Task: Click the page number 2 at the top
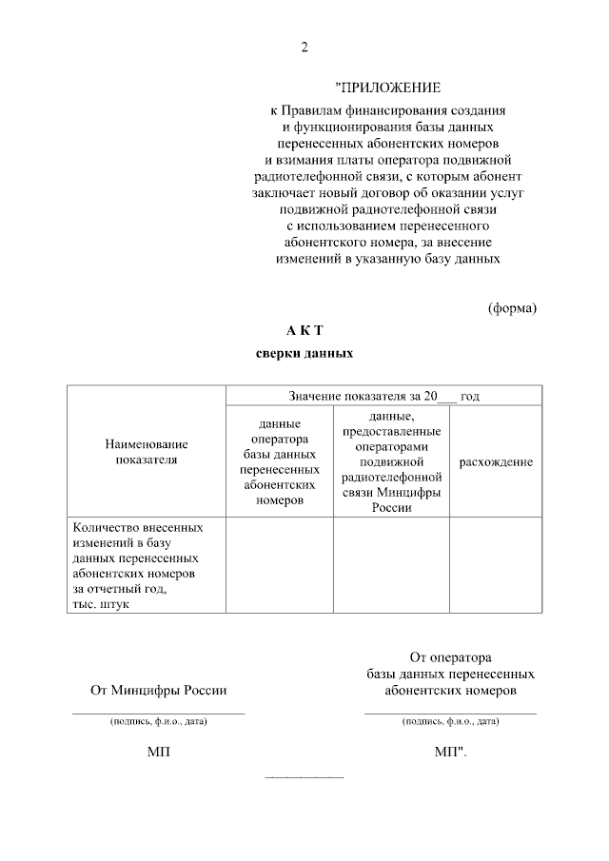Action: pyautogui.click(x=304, y=49)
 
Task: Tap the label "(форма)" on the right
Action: pyautogui.click(x=512, y=307)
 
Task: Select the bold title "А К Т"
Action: pyautogui.click(x=304, y=330)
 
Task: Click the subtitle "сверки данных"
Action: pyautogui.click(x=304, y=354)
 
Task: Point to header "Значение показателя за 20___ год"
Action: pyautogui.click(x=383, y=395)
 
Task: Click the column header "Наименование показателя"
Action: pyautogui.click(x=146, y=452)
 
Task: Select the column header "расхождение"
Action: pyautogui.click(x=496, y=461)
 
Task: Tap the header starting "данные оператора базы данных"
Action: pyautogui.click(x=279, y=461)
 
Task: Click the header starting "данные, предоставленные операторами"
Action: pyautogui.click(x=391, y=461)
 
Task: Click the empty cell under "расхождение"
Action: pyautogui.click(x=496, y=565)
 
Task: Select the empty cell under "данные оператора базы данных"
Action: pyautogui.click(x=279, y=565)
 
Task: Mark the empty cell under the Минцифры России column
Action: pyautogui.click(x=391, y=565)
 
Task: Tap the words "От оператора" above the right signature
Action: pyautogui.click(x=449, y=656)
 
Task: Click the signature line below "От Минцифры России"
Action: pyautogui.click(x=159, y=713)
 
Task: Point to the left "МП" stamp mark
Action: pyautogui.click(x=159, y=753)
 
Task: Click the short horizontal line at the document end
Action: pyautogui.click(x=304, y=777)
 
